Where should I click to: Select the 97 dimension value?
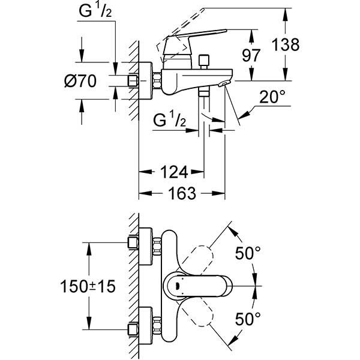tap(250, 55)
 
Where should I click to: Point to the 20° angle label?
tap(273, 97)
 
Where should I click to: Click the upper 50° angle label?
tap(247, 254)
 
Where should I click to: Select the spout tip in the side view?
tap(225, 85)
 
